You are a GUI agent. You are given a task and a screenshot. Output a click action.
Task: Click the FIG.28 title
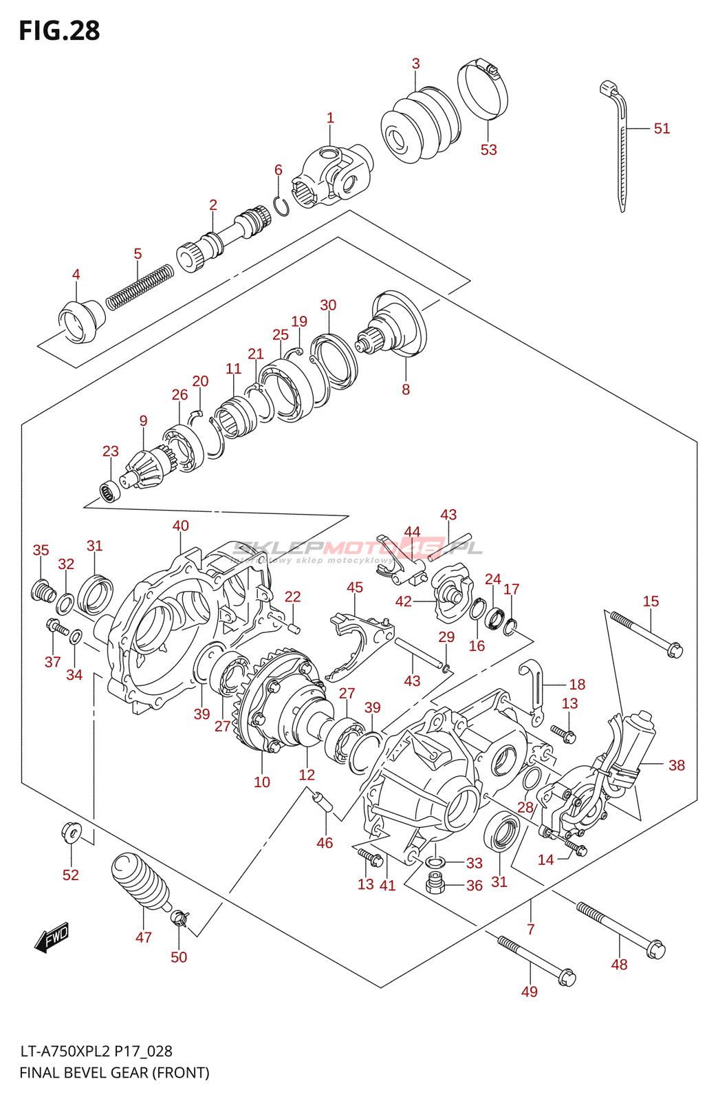(x=59, y=31)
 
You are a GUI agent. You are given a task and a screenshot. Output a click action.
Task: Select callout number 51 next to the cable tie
(x=661, y=129)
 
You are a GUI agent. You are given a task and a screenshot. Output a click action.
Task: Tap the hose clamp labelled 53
(x=483, y=89)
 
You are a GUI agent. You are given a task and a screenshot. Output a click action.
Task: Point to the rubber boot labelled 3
(x=420, y=125)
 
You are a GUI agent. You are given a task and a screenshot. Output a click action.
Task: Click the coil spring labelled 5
(x=140, y=285)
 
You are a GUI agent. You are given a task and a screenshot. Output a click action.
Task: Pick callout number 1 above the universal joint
(x=330, y=118)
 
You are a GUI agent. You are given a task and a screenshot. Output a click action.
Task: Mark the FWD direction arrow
(x=52, y=937)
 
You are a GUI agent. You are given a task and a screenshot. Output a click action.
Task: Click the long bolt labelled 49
(x=536, y=959)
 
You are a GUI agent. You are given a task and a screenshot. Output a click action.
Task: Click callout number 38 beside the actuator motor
(x=676, y=765)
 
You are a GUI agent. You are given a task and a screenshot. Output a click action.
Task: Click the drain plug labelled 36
(x=435, y=884)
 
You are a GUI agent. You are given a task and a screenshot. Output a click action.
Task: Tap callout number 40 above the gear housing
(x=180, y=526)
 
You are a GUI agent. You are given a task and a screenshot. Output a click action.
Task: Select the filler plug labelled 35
(x=44, y=590)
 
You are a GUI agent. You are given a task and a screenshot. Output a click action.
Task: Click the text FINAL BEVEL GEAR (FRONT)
(x=114, y=1072)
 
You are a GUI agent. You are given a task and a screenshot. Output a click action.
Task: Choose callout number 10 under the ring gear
(x=262, y=782)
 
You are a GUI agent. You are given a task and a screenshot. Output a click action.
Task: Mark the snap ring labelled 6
(x=281, y=205)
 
